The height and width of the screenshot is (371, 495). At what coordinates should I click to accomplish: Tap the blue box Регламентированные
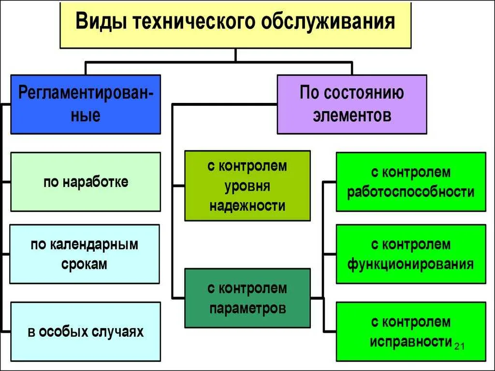click(x=86, y=104)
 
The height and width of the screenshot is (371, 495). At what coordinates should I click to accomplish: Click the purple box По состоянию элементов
click(x=351, y=104)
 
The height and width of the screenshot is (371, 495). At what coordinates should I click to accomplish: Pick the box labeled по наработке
click(x=86, y=182)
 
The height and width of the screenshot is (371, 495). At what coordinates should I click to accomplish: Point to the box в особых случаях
click(x=86, y=332)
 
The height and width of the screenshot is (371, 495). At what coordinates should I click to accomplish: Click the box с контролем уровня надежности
click(x=247, y=186)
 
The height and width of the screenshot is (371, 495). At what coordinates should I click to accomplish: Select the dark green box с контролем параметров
click(x=247, y=298)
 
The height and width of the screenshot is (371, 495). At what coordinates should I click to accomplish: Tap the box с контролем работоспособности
click(x=410, y=182)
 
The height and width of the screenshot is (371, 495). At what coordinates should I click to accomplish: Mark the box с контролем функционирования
click(x=410, y=254)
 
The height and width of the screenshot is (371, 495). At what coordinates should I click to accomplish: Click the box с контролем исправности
click(x=410, y=332)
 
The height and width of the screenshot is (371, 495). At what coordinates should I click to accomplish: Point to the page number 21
click(x=460, y=345)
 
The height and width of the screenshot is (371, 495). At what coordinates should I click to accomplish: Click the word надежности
click(x=247, y=206)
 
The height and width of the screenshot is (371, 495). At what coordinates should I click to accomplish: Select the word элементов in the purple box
click(x=351, y=115)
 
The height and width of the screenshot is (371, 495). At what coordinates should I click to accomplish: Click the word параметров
click(x=247, y=308)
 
